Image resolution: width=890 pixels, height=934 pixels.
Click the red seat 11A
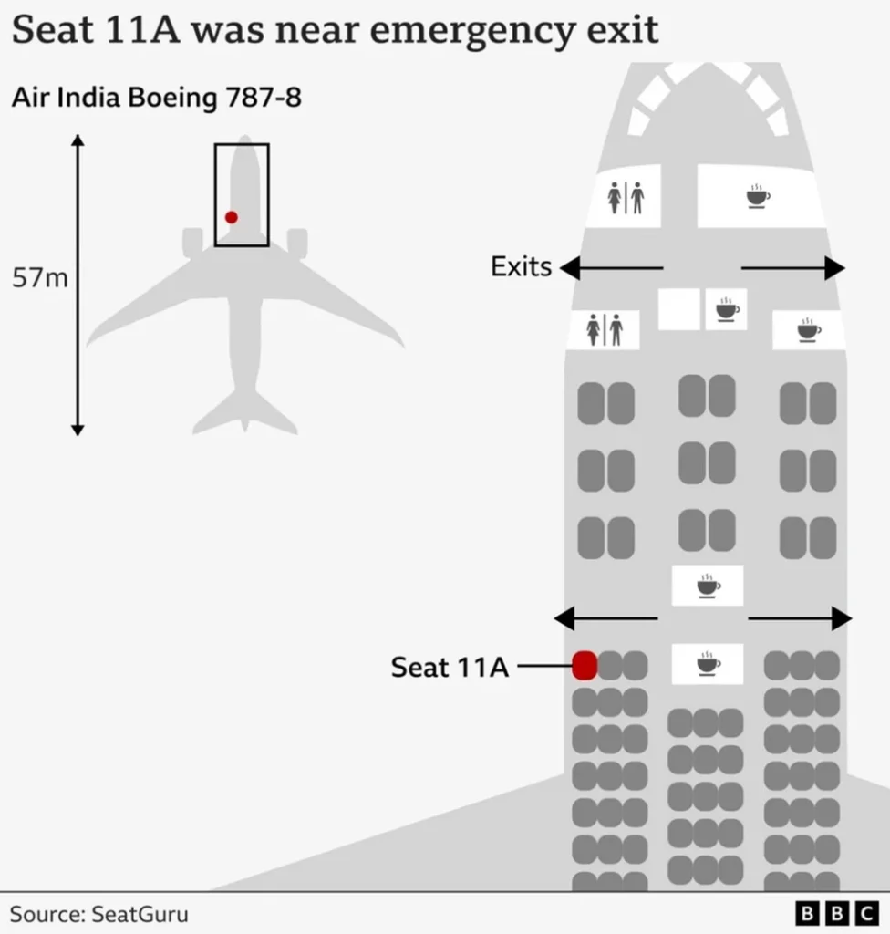[x=585, y=665]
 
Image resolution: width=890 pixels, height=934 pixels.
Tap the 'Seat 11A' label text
[x=450, y=667]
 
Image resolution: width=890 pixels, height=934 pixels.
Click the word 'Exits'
[x=522, y=266]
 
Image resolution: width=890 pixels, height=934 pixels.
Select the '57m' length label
[x=40, y=277]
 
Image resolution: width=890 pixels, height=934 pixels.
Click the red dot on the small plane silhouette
[x=232, y=217]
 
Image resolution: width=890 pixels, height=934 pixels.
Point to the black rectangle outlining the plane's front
[x=215, y=195]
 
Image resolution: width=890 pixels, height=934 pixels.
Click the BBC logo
[x=837, y=913]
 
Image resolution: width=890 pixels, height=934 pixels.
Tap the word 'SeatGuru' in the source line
[x=140, y=914]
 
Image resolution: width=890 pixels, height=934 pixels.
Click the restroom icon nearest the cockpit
[x=626, y=198]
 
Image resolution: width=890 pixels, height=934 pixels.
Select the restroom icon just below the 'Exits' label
[x=604, y=329]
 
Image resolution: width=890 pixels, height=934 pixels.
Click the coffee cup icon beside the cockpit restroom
[x=758, y=197]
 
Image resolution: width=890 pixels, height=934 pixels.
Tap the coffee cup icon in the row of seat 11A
[x=708, y=664]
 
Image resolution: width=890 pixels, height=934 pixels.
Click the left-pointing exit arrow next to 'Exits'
[x=611, y=268]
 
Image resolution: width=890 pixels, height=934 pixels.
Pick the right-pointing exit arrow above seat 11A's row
[x=800, y=619]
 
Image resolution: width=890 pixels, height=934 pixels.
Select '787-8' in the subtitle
[x=264, y=97]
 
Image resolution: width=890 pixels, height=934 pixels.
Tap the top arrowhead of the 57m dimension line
[x=78, y=140]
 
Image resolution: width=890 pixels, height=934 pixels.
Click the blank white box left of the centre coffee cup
[x=679, y=309]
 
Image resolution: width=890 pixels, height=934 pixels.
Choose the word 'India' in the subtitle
[x=89, y=97]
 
